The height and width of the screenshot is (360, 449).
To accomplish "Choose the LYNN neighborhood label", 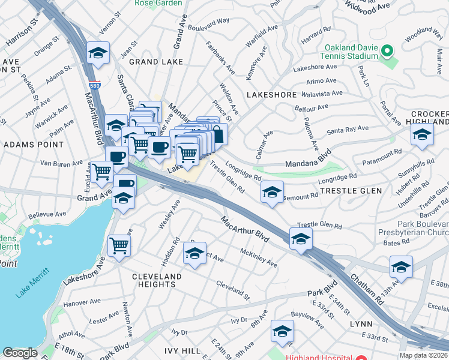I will click(x=361, y=323).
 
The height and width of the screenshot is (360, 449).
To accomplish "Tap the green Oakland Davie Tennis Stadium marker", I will click(x=387, y=52).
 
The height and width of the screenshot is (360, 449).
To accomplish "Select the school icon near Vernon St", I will click(x=97, y=53).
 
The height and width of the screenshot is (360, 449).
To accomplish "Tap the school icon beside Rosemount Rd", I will click(x=272, y=192).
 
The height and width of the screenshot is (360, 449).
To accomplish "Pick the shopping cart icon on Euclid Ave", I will click(x=102, y=172).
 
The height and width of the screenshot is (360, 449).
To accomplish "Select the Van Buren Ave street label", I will click(x=61, y=163).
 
